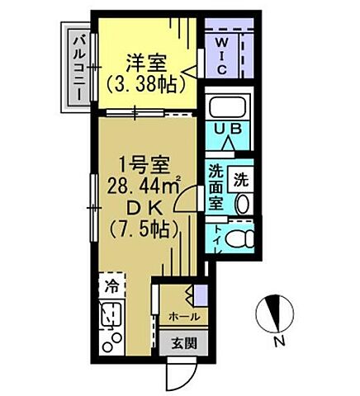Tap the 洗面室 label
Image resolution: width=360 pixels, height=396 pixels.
click(216, 187)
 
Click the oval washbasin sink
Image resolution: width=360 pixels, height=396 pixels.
click(242, 204)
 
